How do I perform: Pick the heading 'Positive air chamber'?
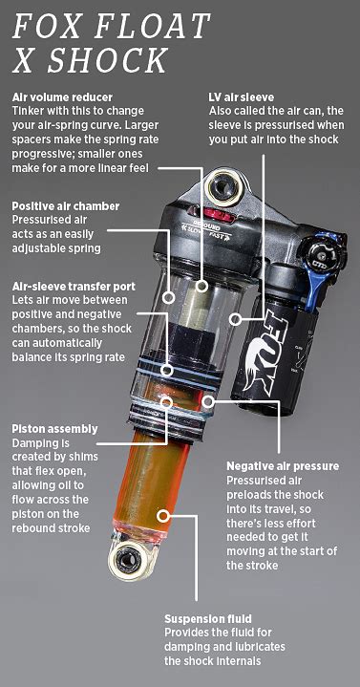(64, 205)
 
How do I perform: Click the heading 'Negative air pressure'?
(282, 465)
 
